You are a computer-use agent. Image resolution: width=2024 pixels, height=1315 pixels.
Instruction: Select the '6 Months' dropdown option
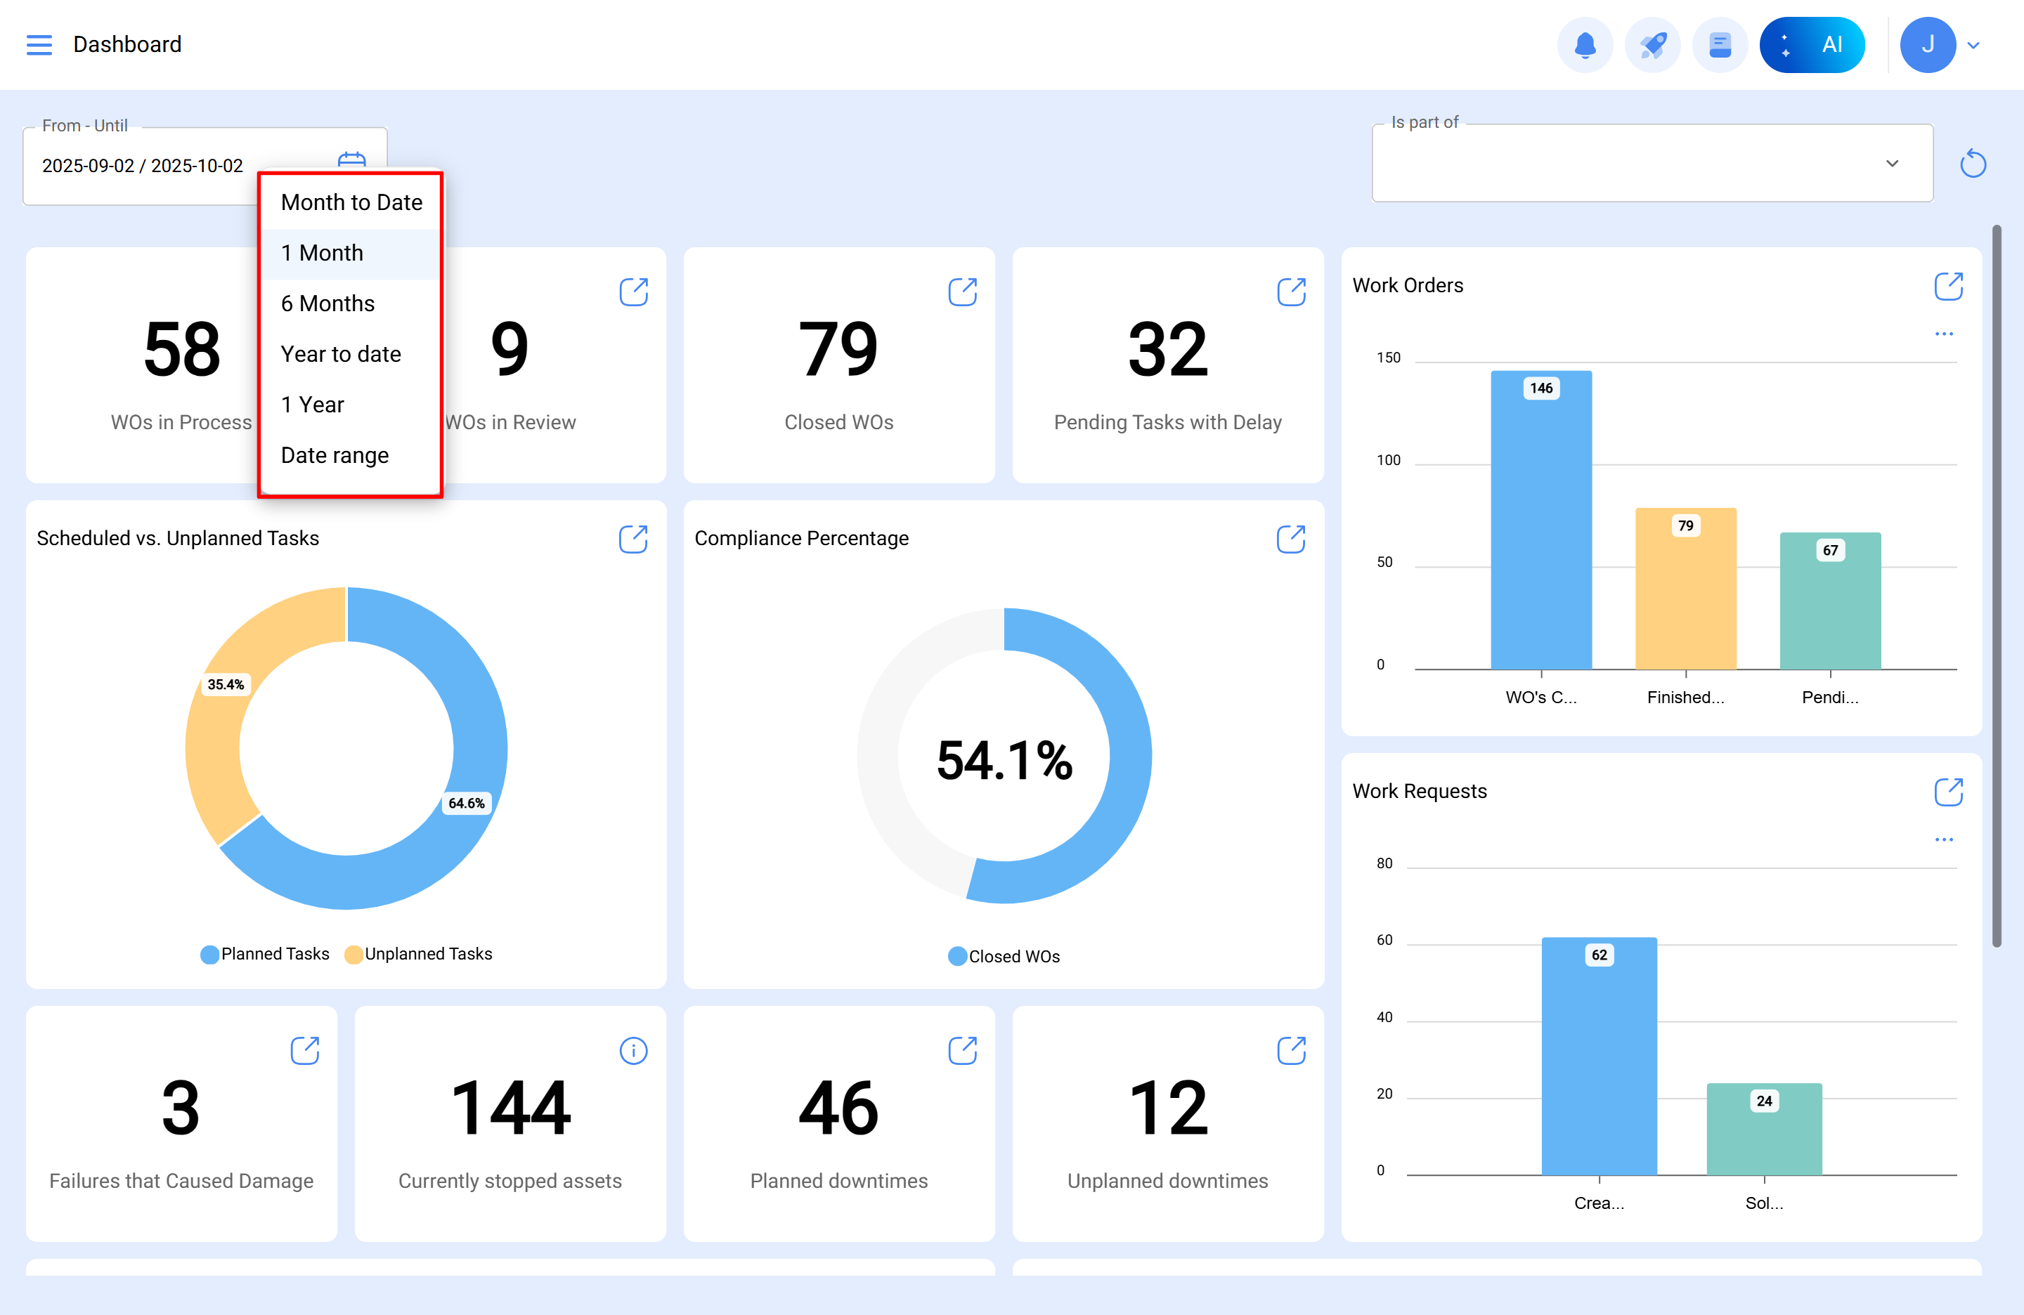click(327, 303)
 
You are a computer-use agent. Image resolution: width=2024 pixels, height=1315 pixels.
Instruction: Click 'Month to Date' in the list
click(351, 202)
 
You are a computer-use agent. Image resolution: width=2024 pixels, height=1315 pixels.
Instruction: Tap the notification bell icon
click(1584, 45)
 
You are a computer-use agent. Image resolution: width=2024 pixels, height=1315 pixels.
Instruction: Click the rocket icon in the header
click(1652, 45)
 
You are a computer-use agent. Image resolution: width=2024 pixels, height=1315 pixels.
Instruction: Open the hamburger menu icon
click(39, 45)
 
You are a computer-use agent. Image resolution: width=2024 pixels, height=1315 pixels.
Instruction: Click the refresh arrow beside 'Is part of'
click(1972, 163)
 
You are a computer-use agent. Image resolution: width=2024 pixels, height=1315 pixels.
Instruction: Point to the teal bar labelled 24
click(1764, 1129)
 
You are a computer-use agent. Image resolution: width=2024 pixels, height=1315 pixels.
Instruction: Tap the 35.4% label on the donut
click(226, 684)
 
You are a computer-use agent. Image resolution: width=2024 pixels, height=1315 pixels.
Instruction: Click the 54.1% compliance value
click(1004, 759)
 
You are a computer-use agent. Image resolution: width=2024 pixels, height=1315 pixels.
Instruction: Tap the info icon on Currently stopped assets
click(634, 1051)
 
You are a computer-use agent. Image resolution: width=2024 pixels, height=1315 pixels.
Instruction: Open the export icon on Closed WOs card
click(962, 292)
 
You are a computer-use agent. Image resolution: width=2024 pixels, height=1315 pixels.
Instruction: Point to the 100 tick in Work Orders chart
click(1388, 460)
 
